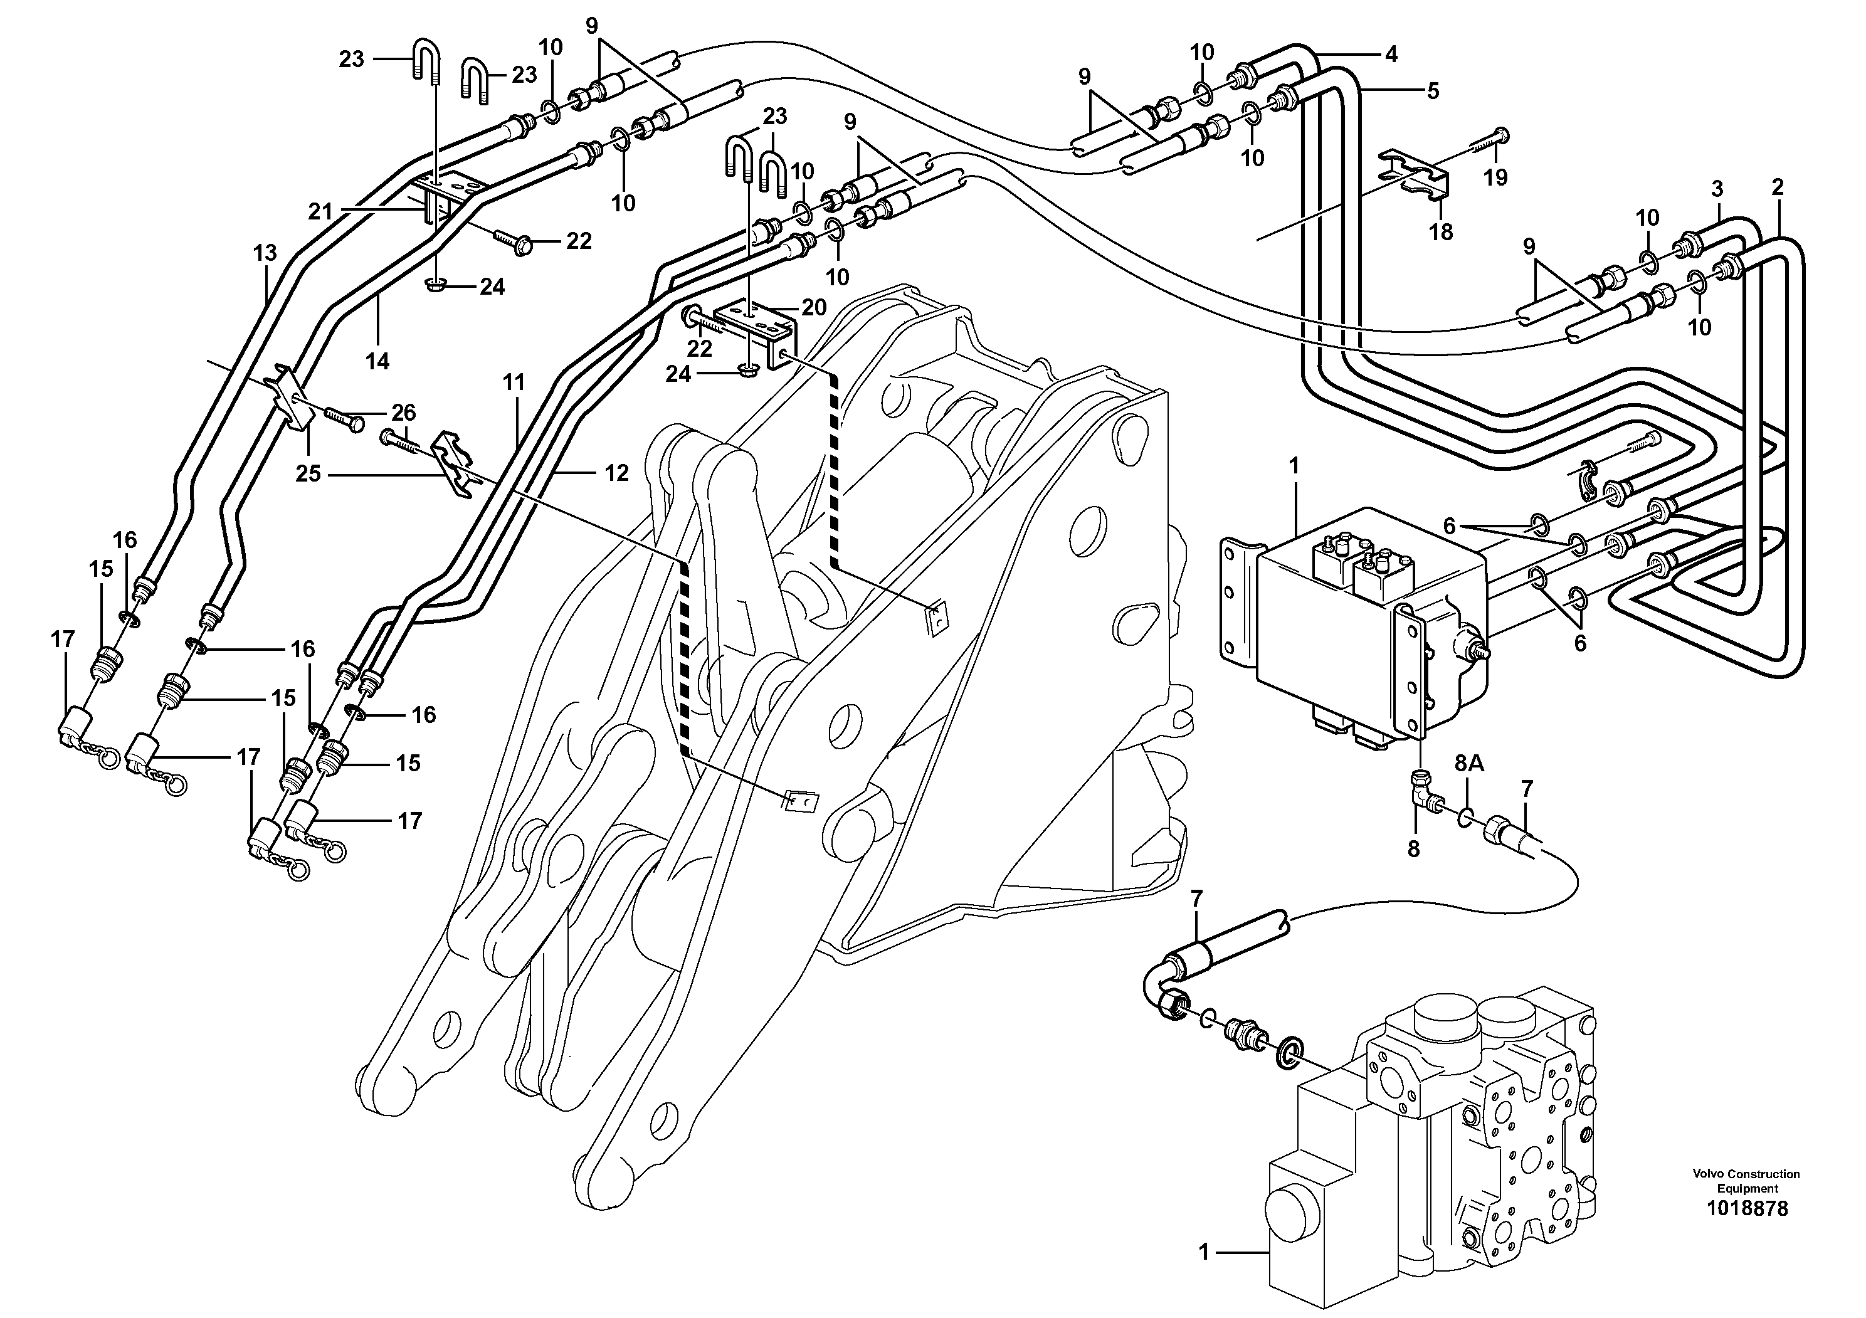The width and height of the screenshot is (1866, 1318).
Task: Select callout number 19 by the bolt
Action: [x=1495, y=177]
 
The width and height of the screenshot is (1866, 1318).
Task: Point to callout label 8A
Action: [x=1468, y=763]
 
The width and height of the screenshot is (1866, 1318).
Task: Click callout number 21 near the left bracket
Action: [x=320, y=212]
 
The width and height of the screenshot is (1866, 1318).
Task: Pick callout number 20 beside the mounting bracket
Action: [x=813, y=307]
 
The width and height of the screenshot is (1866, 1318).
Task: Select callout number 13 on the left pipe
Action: [x=265, y=253]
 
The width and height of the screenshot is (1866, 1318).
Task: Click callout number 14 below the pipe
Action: [x=377, y=362]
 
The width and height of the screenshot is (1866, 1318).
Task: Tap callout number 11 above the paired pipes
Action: [x=514, y=382]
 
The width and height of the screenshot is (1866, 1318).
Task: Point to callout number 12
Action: [x=616, y=473]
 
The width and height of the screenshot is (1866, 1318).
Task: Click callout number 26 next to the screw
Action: [x=403, y=413]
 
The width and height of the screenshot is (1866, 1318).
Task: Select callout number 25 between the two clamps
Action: [x=308, y=473]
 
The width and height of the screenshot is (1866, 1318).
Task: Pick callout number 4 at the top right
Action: [x=1391, y=55]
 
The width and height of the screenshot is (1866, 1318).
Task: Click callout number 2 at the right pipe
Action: [x=1778, y=187]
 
